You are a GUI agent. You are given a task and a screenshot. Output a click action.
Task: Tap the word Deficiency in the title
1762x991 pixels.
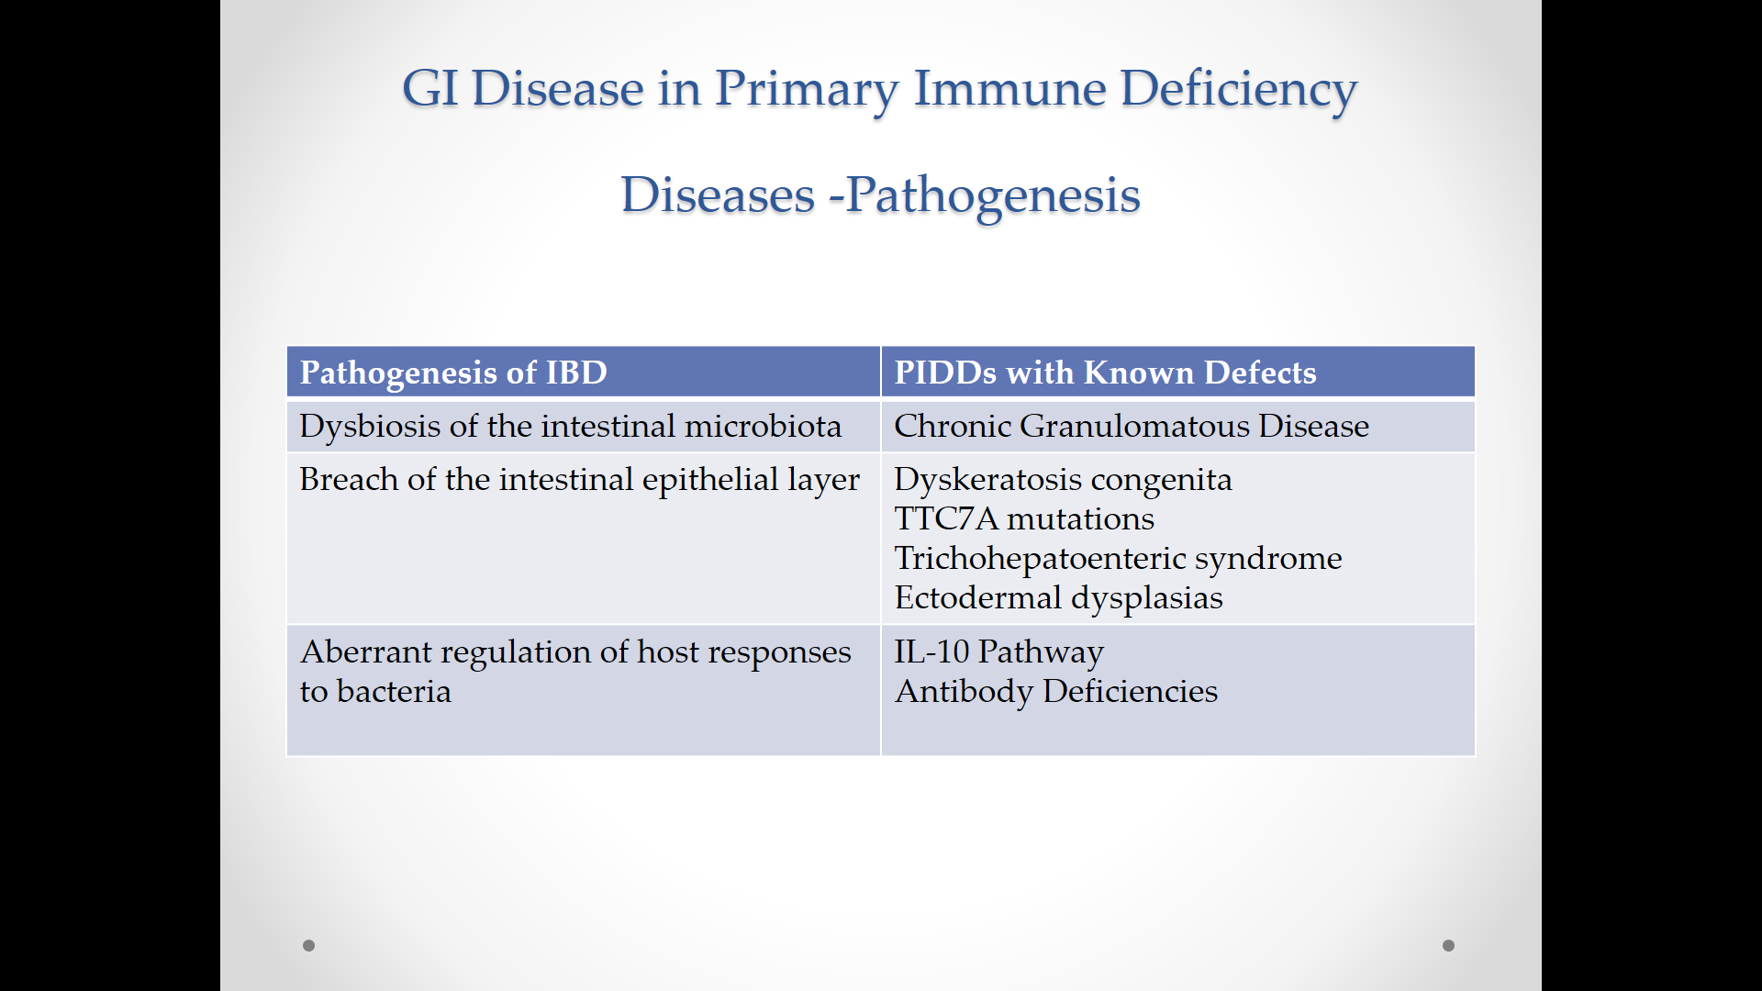tap(1239, 91)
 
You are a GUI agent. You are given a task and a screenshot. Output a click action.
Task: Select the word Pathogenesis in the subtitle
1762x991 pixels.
tap(993, 196)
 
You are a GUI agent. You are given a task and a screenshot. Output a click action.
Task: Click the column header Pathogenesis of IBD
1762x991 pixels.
tap(453, 373)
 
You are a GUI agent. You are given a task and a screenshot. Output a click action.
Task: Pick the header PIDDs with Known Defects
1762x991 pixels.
tap(1105, 373)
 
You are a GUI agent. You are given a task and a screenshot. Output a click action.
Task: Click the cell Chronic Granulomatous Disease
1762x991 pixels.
tap(1132, 426)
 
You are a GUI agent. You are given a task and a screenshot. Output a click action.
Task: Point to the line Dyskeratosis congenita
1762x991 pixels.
tap(1063, 480)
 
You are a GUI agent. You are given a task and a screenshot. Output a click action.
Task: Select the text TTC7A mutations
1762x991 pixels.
tap(1024, 518)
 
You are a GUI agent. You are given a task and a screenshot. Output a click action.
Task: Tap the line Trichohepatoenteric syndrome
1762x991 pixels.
tap(1118, 559)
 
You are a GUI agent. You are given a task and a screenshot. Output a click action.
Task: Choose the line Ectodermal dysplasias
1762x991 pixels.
tap(1059, 598)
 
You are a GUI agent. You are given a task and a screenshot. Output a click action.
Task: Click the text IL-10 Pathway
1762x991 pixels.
tap(998, 652)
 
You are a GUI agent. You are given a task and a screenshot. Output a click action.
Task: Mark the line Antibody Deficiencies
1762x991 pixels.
tap(1056, 692)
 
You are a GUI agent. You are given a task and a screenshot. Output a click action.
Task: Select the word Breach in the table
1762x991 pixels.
tap(349, 479)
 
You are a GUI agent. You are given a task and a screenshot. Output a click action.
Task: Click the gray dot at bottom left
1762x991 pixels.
tap(309, 945)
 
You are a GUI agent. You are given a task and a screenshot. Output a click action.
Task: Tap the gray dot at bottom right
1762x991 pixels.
tap(1448, 945)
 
